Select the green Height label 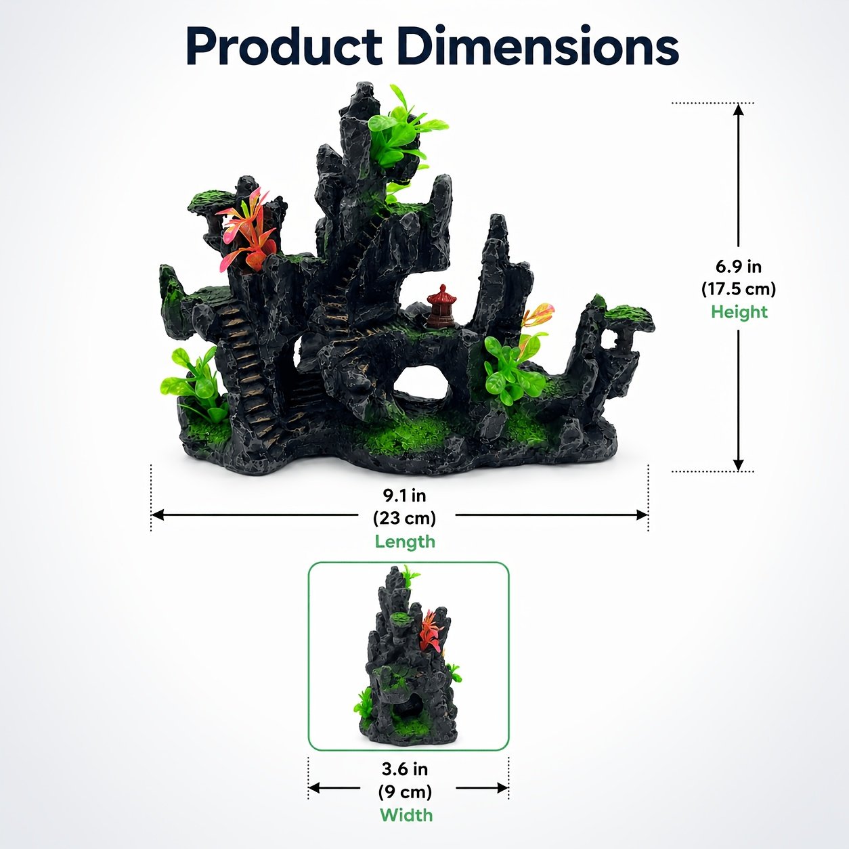[x=739, y=312]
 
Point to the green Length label [x=405, y=542]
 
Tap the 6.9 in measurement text [x=739, y=267]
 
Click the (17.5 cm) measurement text [x=739, y=289]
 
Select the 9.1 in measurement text [x=404, y=496]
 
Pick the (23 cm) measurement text [x=404, y=518]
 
